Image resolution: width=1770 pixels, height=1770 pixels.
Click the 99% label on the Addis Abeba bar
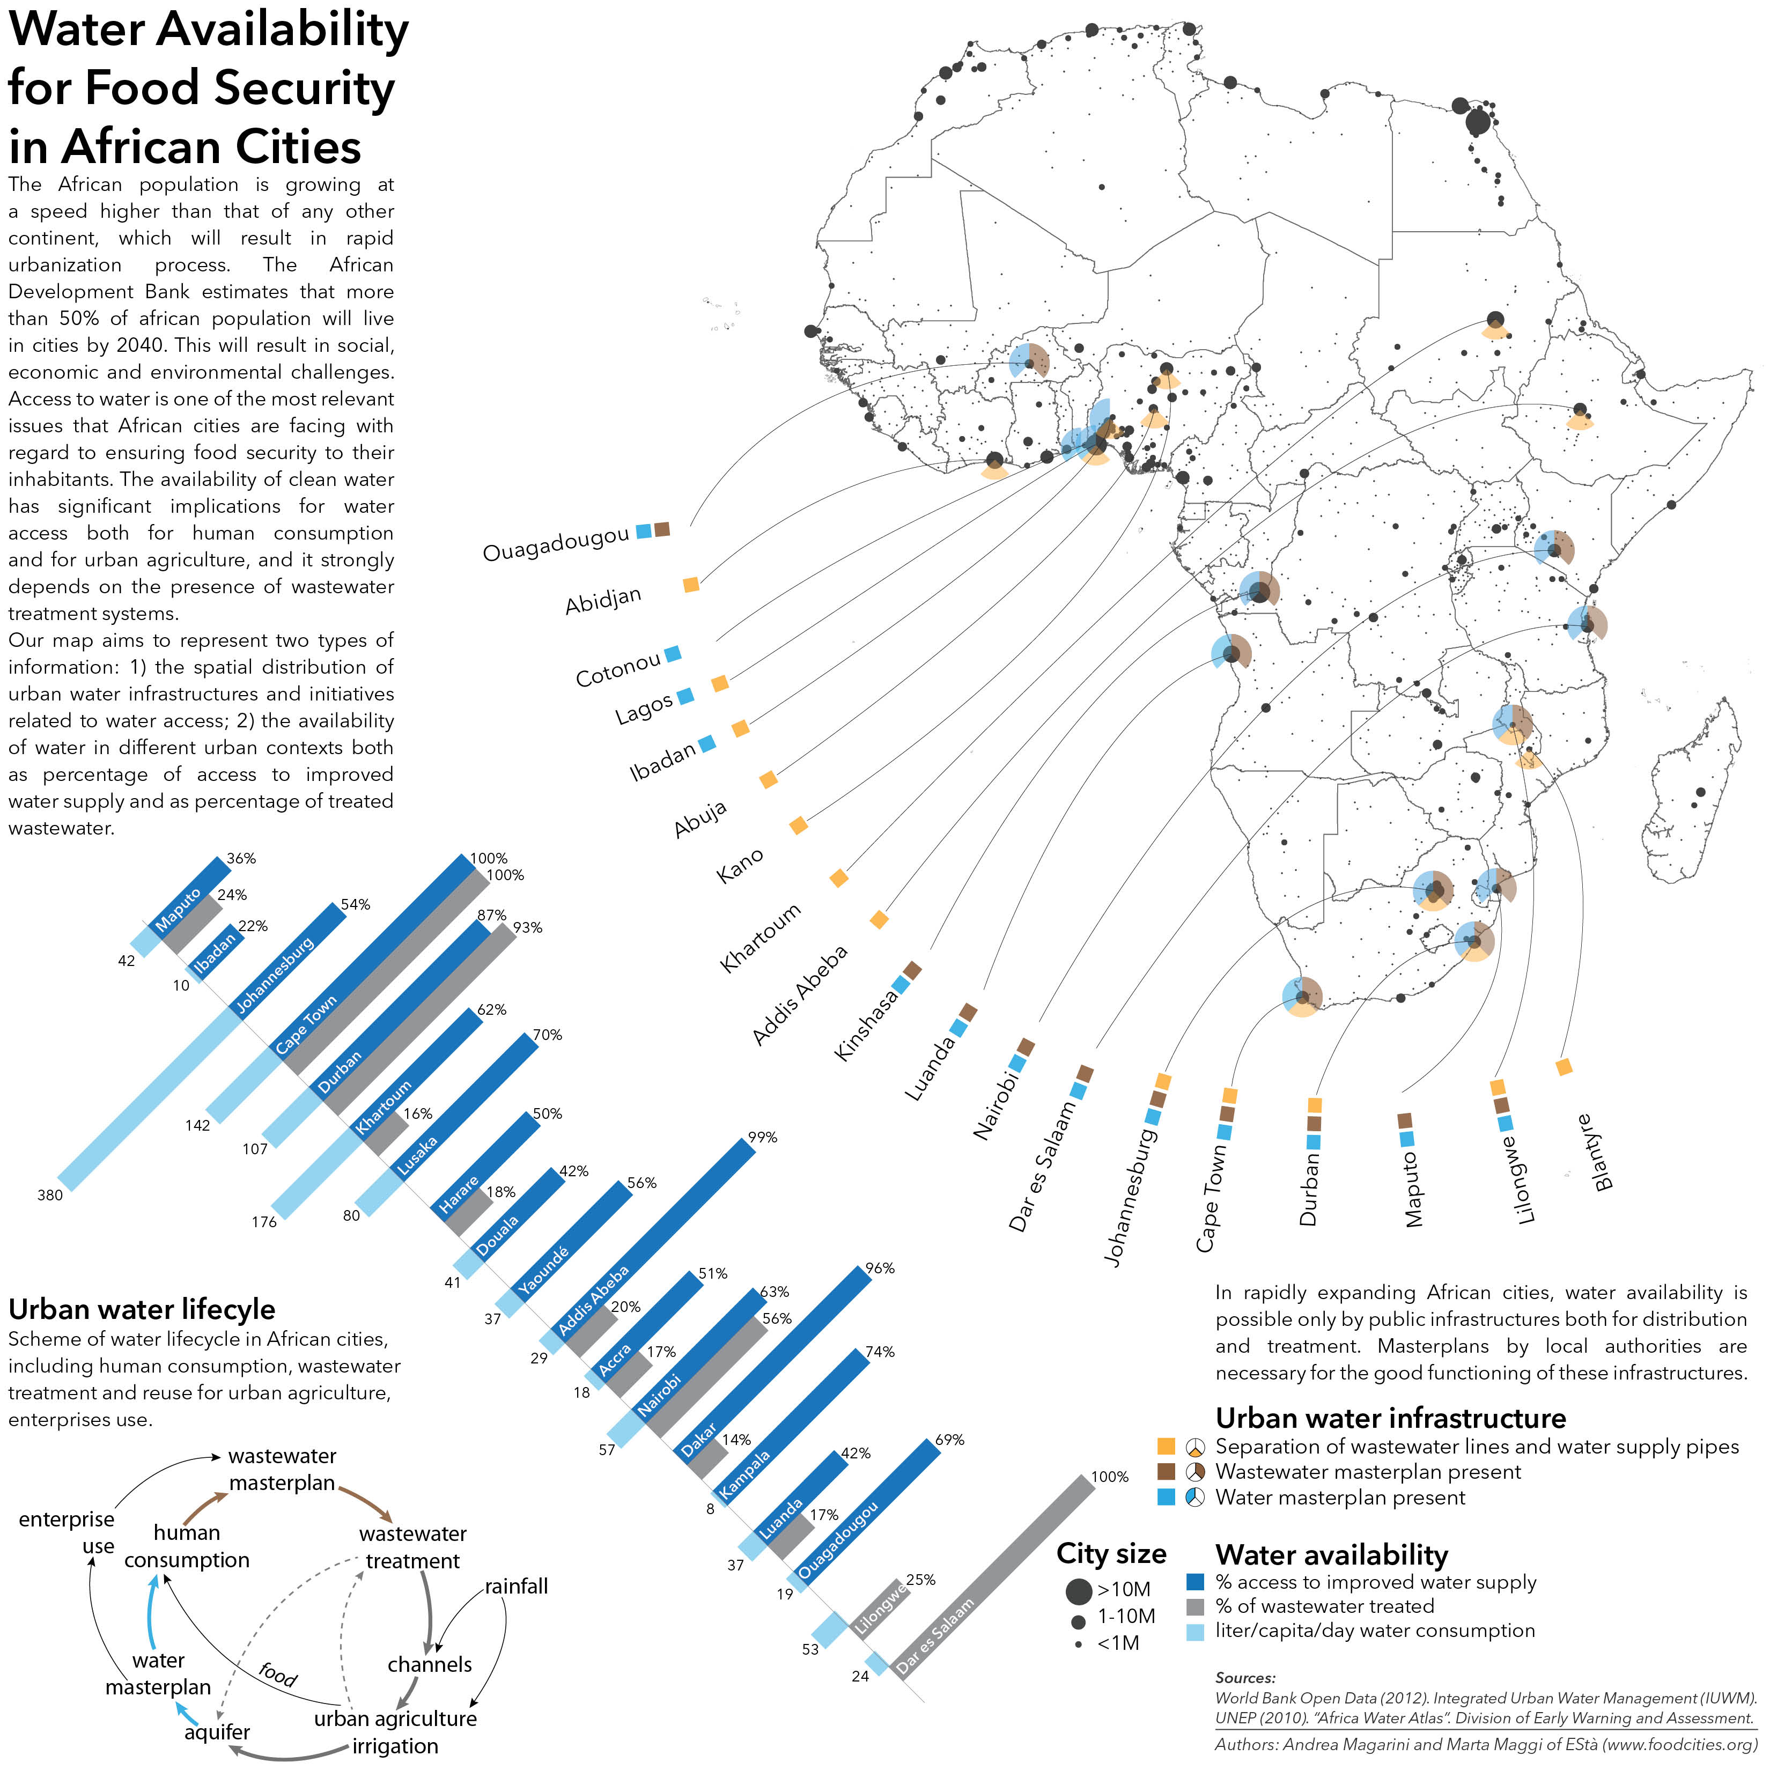(762, 1137)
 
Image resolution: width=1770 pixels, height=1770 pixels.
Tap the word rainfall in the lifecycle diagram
(516, 1586)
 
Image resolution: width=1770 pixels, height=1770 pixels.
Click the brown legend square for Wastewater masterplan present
(1166, 1471)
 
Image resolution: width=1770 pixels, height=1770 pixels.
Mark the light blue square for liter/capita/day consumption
(1194, 1632)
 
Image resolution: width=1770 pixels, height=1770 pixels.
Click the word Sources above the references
(1245, 1677)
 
